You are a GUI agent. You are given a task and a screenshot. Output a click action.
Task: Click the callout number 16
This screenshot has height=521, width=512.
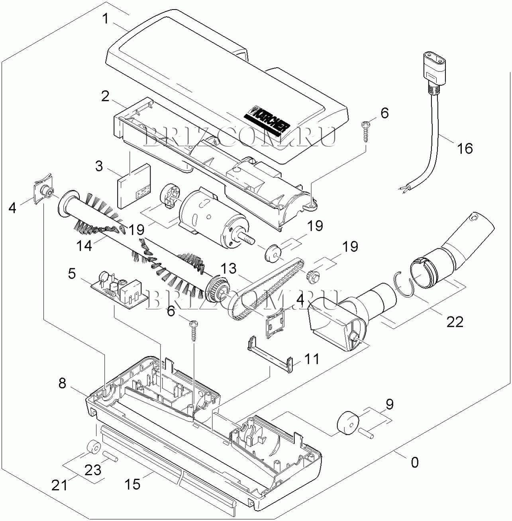tap(465, 148)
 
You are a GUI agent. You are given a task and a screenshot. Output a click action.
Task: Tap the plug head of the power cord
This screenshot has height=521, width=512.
tap(434, 70)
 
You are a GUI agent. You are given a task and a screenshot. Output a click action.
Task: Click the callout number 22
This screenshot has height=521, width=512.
tap(455, 321)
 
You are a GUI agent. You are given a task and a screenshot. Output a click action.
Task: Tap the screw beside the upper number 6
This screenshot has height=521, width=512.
tap(365, 131)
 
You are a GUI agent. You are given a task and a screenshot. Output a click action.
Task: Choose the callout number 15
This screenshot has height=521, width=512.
tap(132, 484)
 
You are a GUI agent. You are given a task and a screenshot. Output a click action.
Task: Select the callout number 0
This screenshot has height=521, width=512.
tap(414, 462)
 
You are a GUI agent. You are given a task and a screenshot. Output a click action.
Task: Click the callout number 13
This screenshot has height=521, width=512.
tap(229, 268)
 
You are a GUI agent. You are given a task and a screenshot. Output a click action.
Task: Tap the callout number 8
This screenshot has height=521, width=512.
tap(63, 383)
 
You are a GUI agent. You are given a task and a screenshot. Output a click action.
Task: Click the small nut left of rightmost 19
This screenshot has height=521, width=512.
tap(312, 274)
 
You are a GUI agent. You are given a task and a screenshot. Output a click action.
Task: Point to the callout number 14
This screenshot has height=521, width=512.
tap(84, 245)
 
